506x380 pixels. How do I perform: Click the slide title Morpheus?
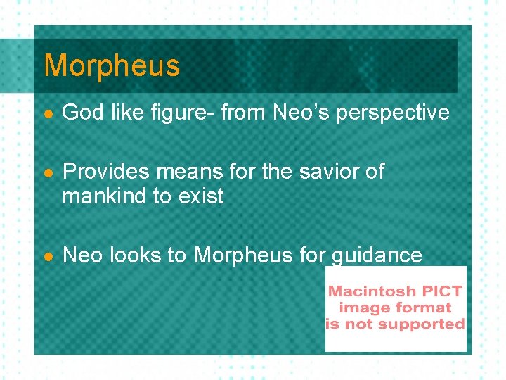(x=112, y=66)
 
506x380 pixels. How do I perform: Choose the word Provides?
(x=105, y=172)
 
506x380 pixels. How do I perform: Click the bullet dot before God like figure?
(x=47, y=113)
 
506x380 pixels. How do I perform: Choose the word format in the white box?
(x=424, y=308)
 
